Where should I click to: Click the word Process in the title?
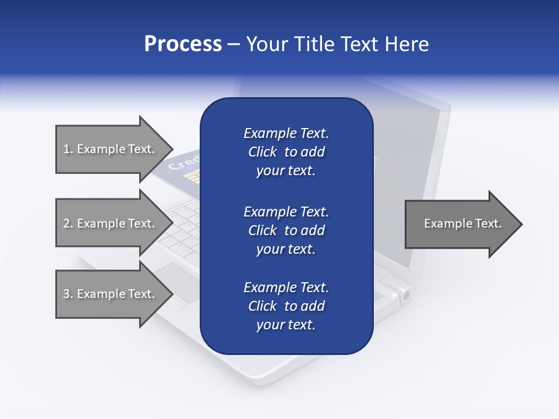point(183,44)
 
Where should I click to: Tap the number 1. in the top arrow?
point(68,149)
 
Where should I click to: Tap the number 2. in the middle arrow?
point(68,223)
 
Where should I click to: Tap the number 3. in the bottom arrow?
point(68,294)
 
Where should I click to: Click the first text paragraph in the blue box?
point(286,152)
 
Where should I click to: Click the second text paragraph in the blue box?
point(286,230)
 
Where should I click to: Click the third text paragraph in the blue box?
point(286,306)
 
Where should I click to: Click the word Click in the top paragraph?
point(263,152)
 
